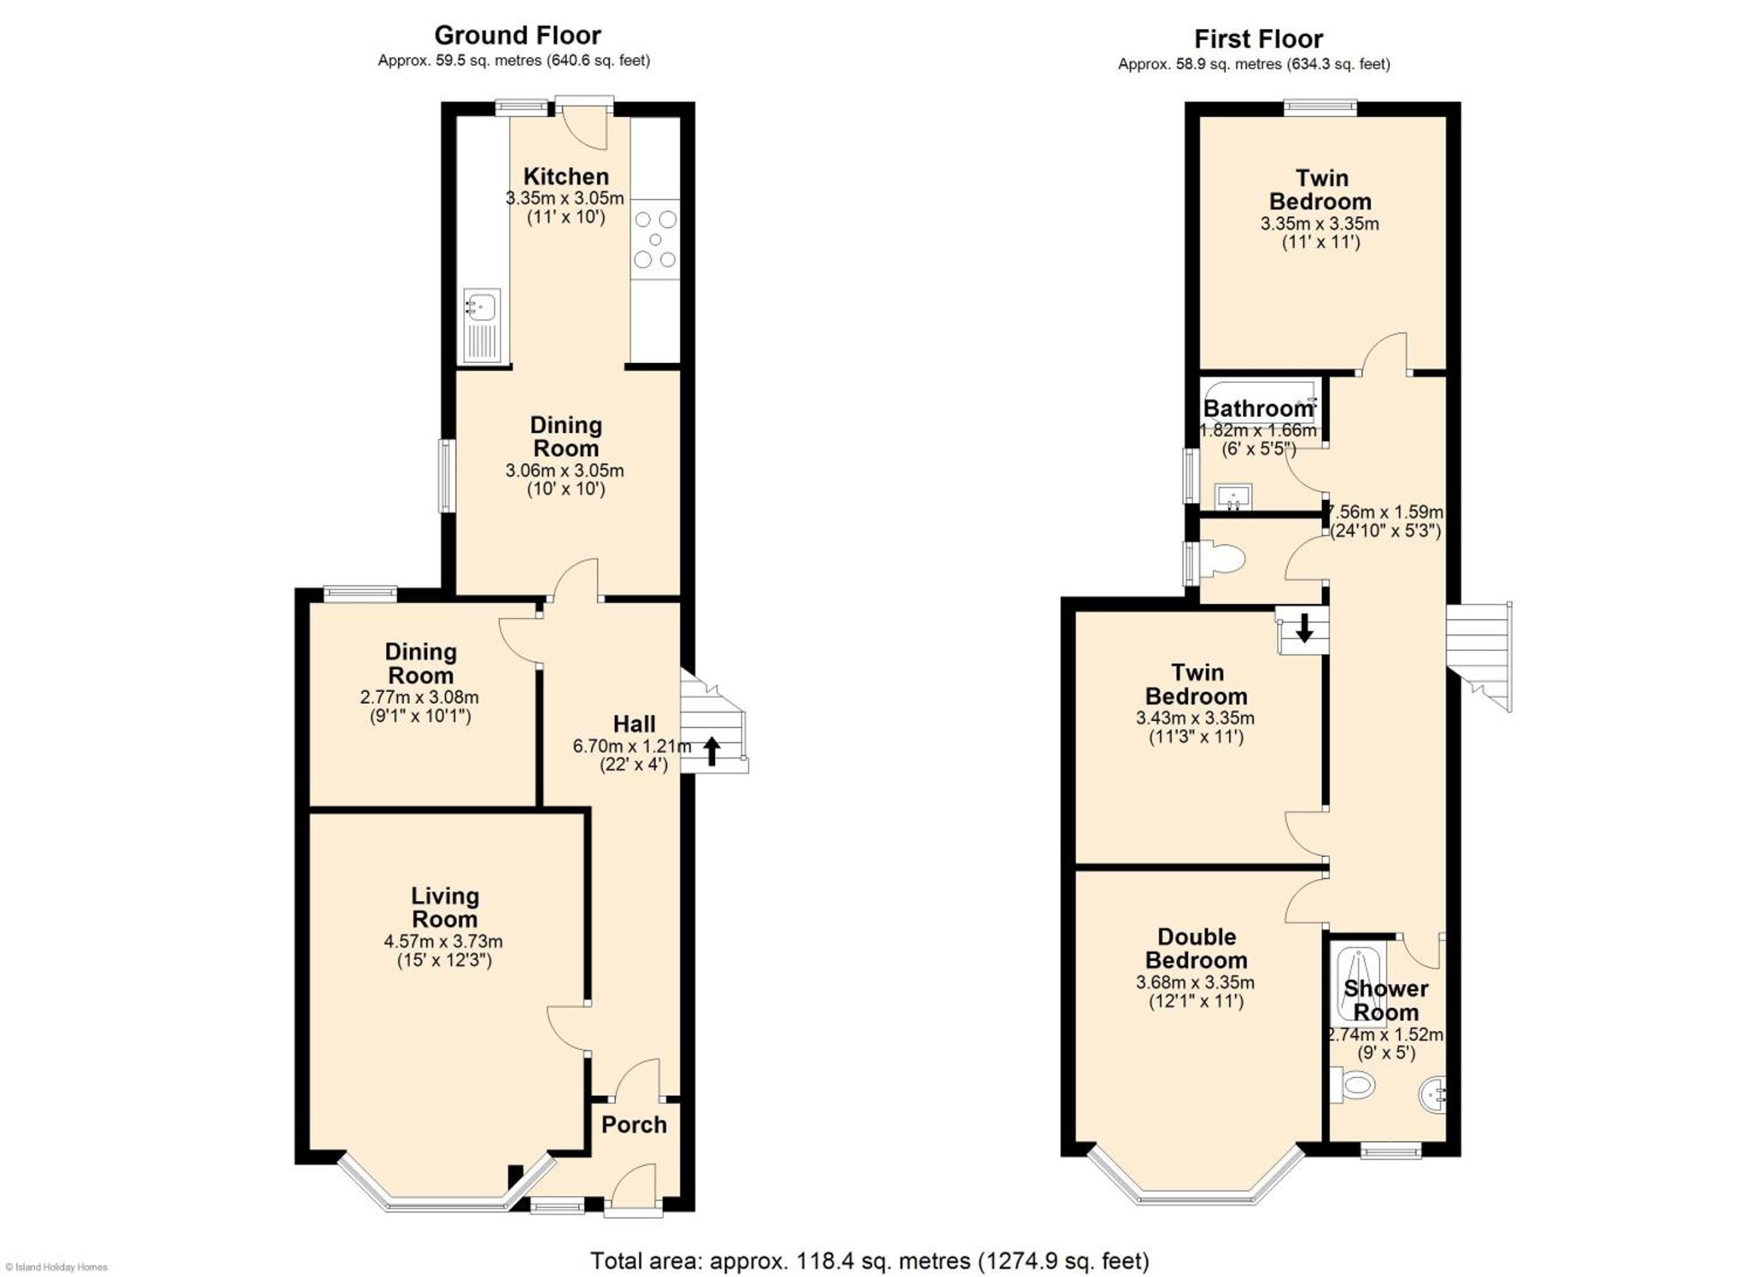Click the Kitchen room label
[565, 177]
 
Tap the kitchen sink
[482, 326]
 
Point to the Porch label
[634, 1124]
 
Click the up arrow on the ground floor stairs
[711, 751]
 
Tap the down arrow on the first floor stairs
[1305, 627]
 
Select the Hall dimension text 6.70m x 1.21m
[632, 747]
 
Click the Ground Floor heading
[517, 35]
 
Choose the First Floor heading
[1258, 39]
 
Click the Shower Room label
[1386, 1000]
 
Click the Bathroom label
[1258, 408]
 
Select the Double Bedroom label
[1196, 948]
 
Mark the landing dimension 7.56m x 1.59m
[1385, 512]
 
